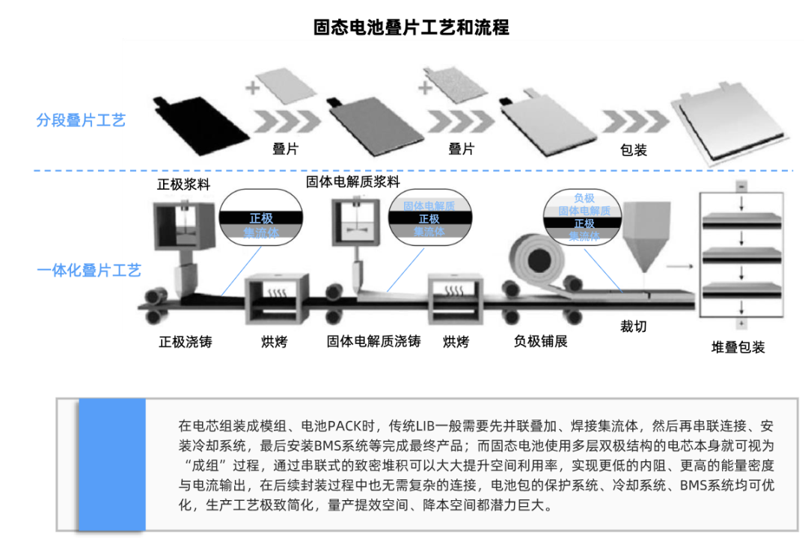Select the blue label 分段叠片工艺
[x=81, y=120]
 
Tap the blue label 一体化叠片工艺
[x=88, y=271]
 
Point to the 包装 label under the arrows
[x=633, y=150]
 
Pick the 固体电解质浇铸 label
[x=373, y=342]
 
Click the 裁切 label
[x=633, y=326]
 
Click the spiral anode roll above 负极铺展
[x=538, y=261]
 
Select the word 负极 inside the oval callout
[x=584, y=198]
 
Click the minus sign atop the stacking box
[x=741, y=185]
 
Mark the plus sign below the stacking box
[x=741, y=323]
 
